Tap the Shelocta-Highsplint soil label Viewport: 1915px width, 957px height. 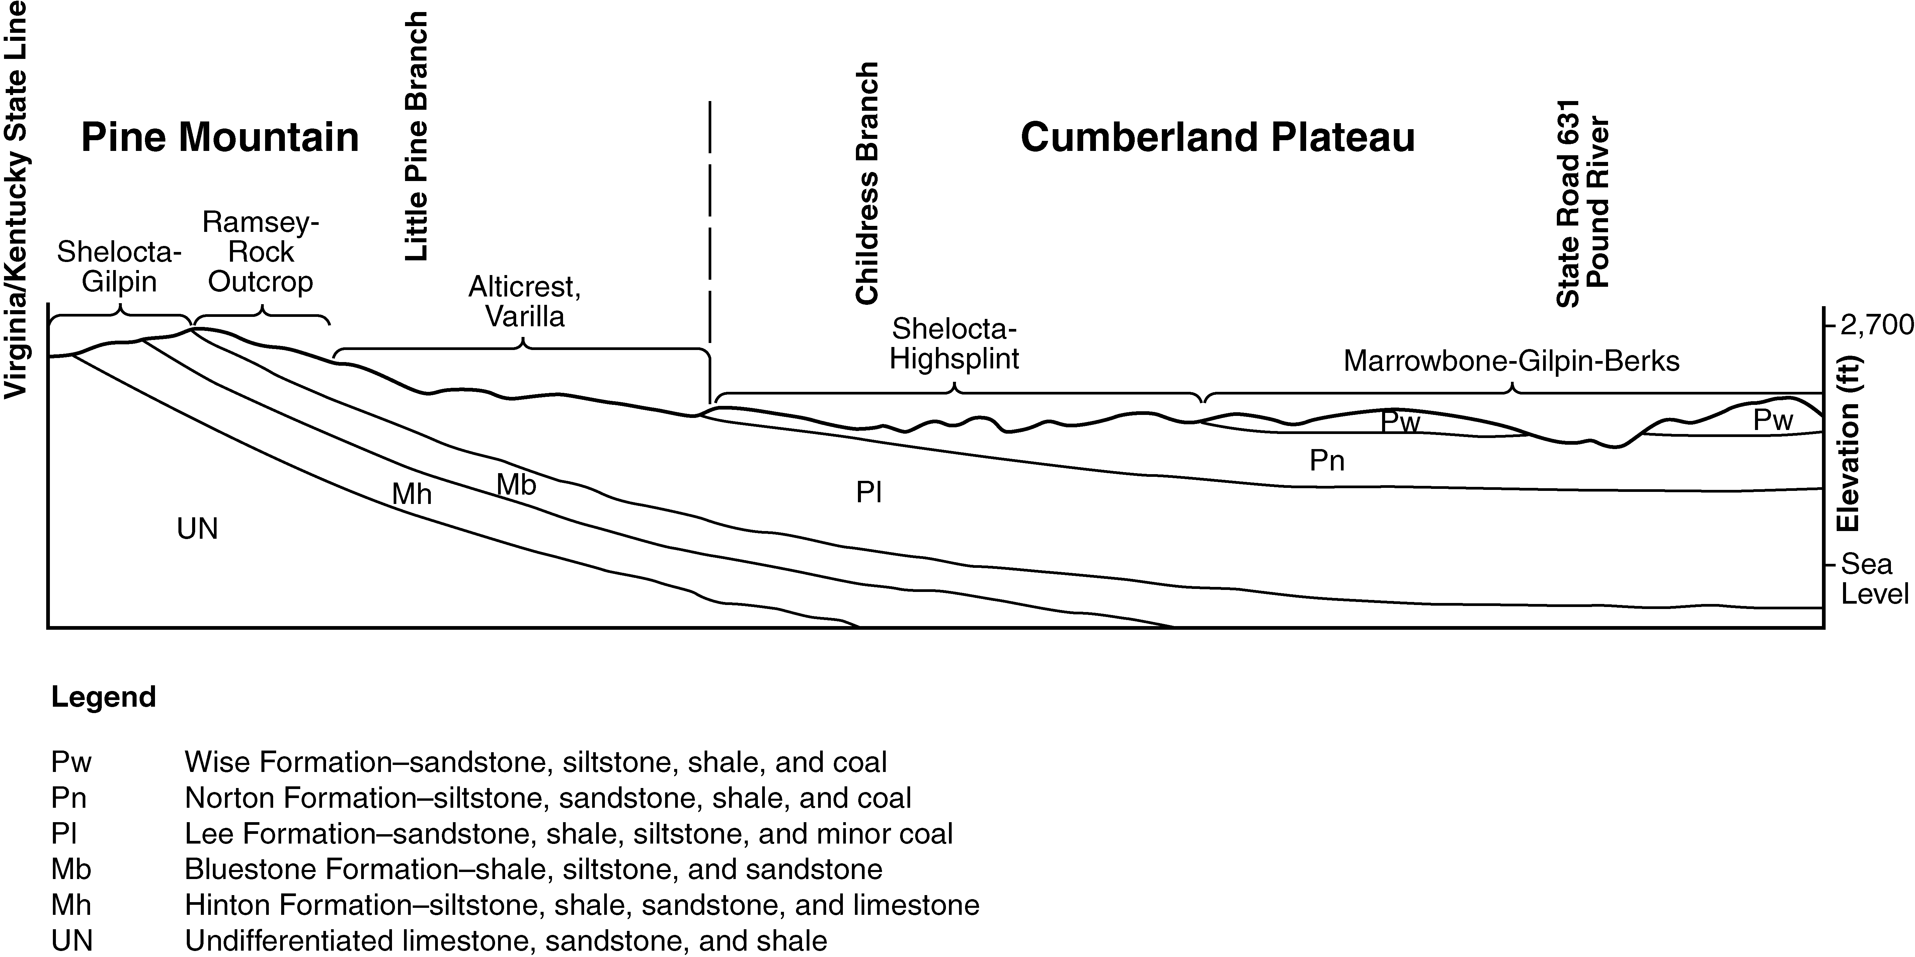[x=955, y=344]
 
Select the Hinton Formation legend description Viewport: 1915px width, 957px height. [x=581, y=905]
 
